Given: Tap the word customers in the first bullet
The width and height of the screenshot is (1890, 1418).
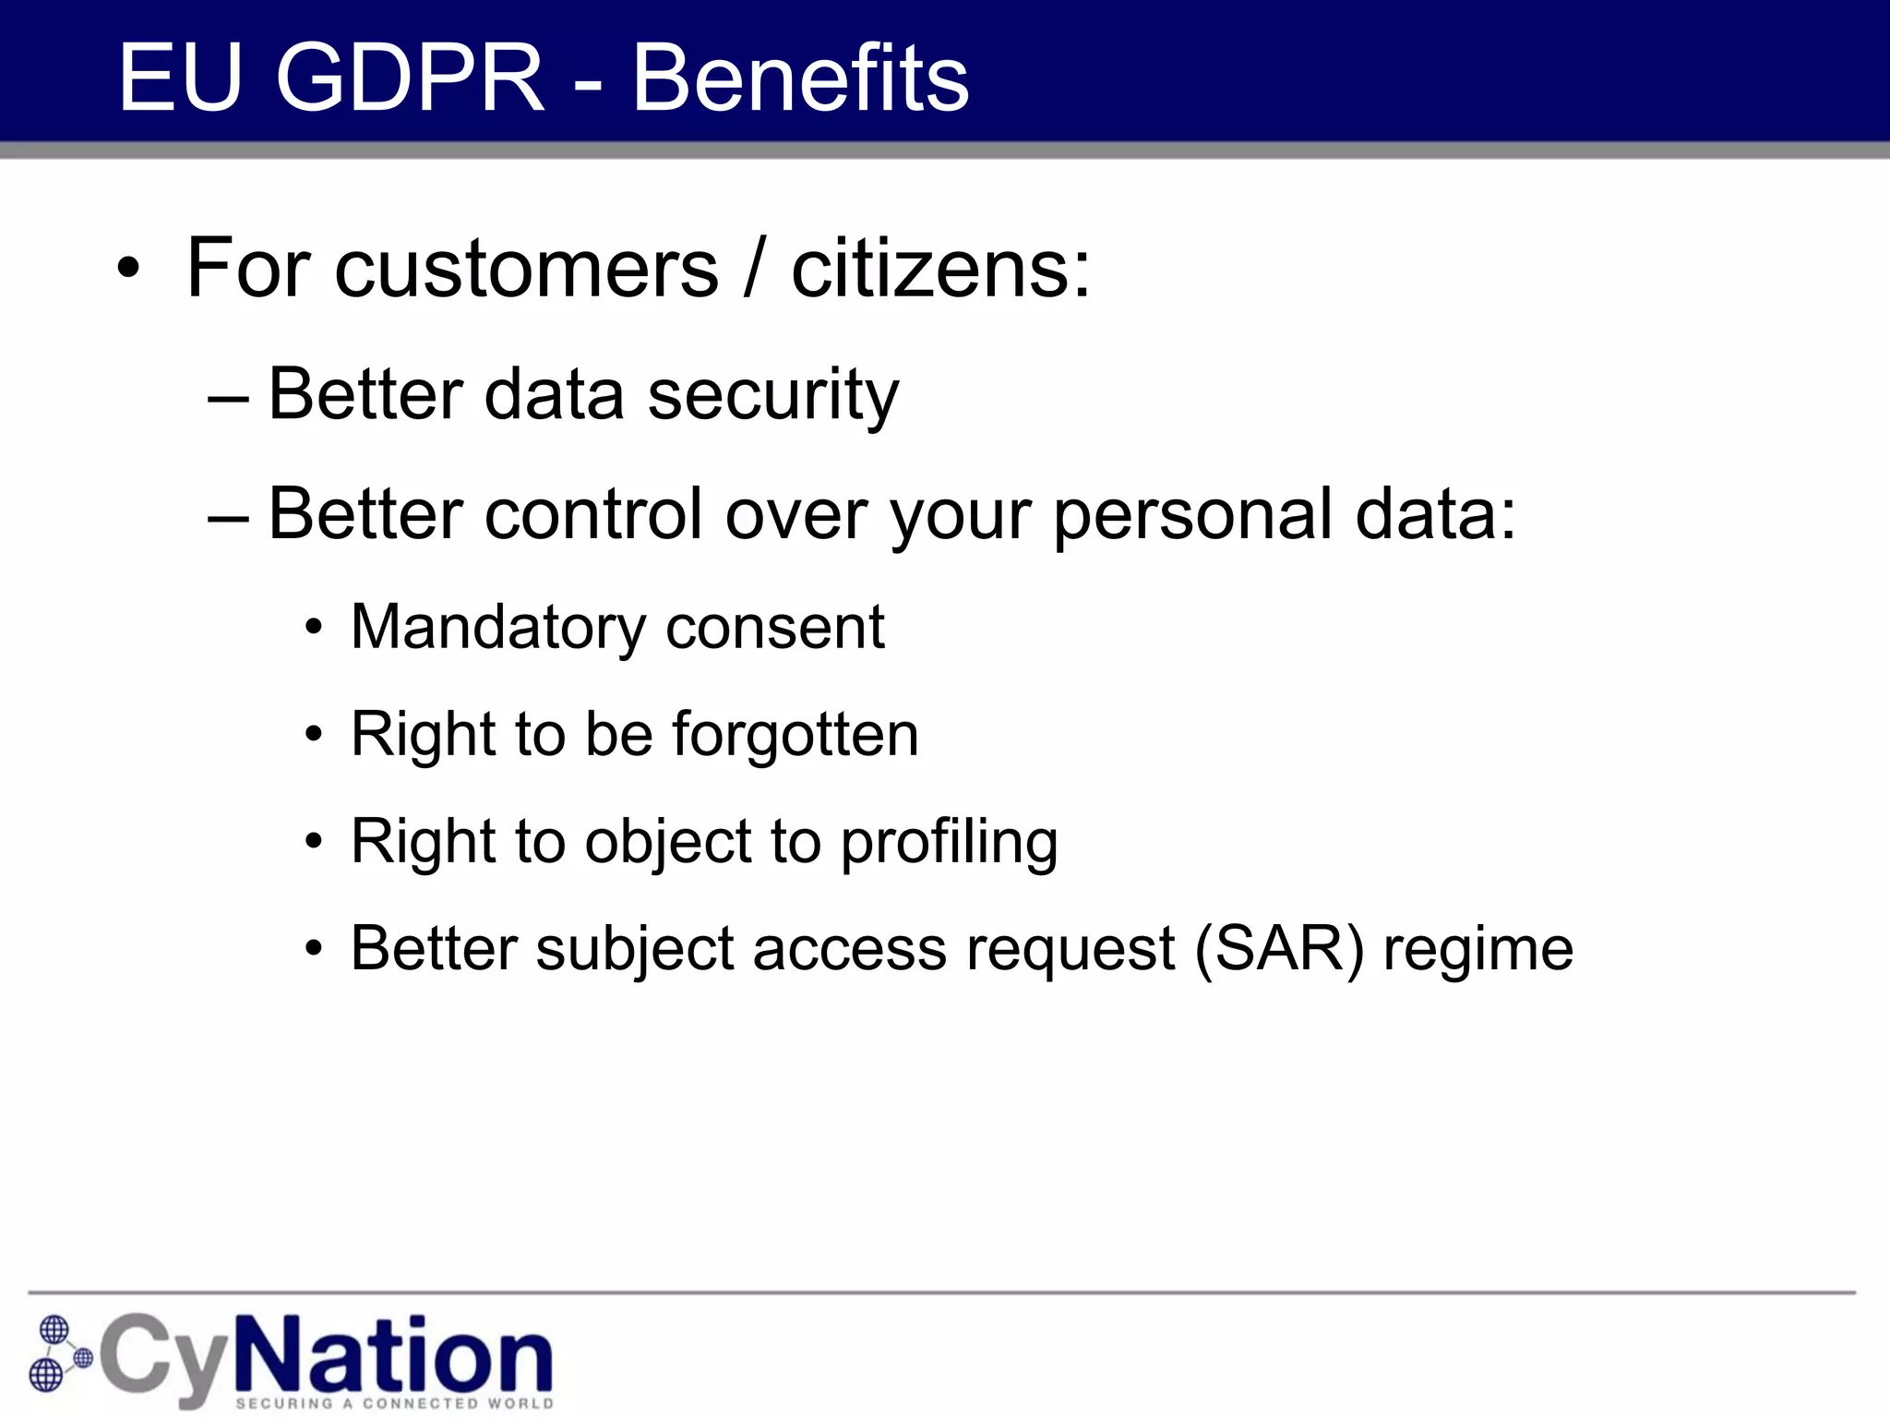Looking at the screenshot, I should click(526, 270).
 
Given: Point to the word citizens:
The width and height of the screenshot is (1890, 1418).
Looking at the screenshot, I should click(940, 270).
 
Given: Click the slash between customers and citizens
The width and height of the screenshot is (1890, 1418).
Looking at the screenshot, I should click(755, 270).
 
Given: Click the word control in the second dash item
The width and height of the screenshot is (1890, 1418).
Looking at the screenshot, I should click(592, 515).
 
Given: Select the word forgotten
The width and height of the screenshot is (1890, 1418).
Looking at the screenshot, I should click(795, 736).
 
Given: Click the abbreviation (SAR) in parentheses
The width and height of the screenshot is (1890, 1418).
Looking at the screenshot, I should click(1278, 950).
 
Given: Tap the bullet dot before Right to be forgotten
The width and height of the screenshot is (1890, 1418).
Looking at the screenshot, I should click(315, 736).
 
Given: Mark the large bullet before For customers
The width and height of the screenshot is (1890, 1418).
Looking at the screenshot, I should click(129, 270).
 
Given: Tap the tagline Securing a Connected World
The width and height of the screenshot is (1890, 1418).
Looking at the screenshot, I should click(394, 1403).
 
